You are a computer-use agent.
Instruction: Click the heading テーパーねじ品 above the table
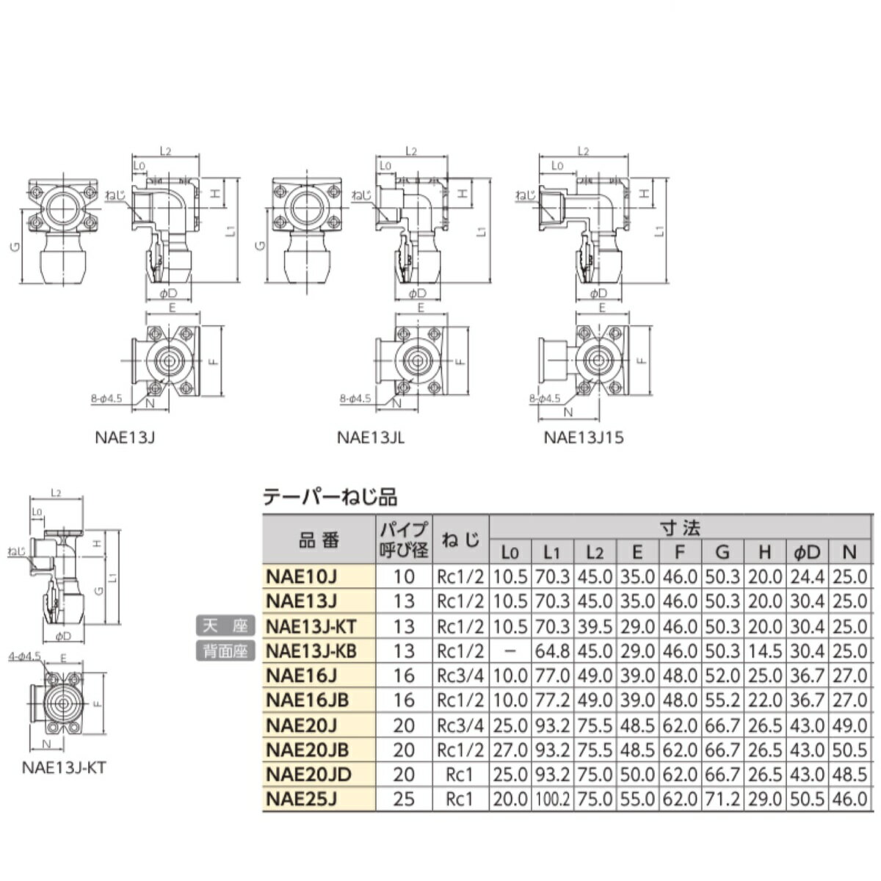(330, 497)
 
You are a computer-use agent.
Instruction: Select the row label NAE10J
(301, 576)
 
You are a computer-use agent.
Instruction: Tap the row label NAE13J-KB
(311, 650)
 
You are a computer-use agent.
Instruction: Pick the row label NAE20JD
(308, 775)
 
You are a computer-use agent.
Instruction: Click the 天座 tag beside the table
(225, 626)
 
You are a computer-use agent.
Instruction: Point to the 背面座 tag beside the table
(225, 650)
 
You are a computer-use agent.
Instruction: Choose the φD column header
(807, 552)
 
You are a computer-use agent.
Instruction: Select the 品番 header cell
(319, 540)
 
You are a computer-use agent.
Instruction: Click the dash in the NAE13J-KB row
(510, 651)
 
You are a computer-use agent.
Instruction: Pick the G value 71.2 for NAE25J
(722, 799)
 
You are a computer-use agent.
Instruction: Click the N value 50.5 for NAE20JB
(849, 750)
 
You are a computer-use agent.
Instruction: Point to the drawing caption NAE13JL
(371, 438)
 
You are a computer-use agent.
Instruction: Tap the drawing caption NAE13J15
(583, 438)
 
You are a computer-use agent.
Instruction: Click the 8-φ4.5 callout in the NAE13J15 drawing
(544, 398)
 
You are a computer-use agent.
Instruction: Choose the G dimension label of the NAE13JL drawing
(259, 247)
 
